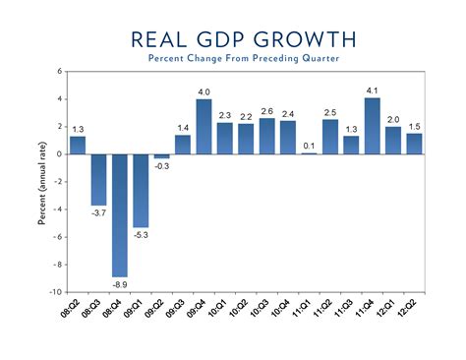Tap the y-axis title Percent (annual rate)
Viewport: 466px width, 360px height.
[x=43, y=182]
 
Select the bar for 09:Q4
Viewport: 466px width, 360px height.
[x=204, y=127]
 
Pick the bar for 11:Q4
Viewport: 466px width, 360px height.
[x=372, y=126]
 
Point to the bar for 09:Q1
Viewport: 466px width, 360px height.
[x=141, y=191]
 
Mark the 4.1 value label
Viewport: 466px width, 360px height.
[x=372, y=90]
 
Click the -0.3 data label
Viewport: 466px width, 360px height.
[x=161, y=166]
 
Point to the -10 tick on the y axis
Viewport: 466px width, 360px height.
[x=55, y=292]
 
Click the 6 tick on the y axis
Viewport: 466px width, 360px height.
[x=59, y=72]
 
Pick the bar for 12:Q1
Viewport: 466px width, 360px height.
[x=393, y=141]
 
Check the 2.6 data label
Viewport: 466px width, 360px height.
[x=266, y=111]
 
